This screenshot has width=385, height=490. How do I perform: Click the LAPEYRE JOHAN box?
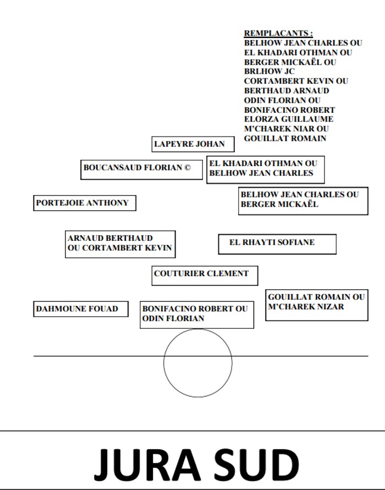pyautogui.click(x=193, y=144)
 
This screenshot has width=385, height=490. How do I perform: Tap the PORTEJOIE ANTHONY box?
pyautogui.click(x=84, y=203)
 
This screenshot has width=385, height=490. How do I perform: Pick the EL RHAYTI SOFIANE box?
pyautogui.click(x=277, y=243)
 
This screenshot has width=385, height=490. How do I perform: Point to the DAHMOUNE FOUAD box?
pyautogui.click(x=80, y=309)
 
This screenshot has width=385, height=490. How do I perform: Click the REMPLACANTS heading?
pyautogui.click(x=279, y=34)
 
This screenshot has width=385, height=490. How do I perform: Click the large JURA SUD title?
pyautogui.click(x=196, y=465)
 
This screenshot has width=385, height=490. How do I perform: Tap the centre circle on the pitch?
pyautogui.click(x=197, y=363)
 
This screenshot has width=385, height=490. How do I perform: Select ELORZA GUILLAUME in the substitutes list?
pyautogui.click(x=289, y=119)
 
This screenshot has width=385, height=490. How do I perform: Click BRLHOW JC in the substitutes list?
pyautogui.click(x=269, y=71)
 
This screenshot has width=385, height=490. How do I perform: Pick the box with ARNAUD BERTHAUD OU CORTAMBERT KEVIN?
pyautogui.click(x=120, y=244)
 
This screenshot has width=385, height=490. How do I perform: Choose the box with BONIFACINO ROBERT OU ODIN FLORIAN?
pyautogui.click(x=196, y=314)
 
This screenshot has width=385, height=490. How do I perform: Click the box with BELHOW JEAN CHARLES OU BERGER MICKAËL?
pyautogui.click(x=302, y=200)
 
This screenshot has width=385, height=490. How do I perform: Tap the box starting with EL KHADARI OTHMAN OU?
pyautogui.click(x=265, y=169)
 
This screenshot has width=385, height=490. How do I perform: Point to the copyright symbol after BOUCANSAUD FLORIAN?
pyautogui.click(x=187, y=168)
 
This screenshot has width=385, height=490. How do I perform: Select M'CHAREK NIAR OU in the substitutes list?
pyautogui.click(x=287, y=129)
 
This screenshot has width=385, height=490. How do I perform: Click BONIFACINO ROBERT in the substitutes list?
pyautogui.click(x=290, y=110)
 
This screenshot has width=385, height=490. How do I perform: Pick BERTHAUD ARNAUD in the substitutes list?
pyautogui.click(x=287, y=91)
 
